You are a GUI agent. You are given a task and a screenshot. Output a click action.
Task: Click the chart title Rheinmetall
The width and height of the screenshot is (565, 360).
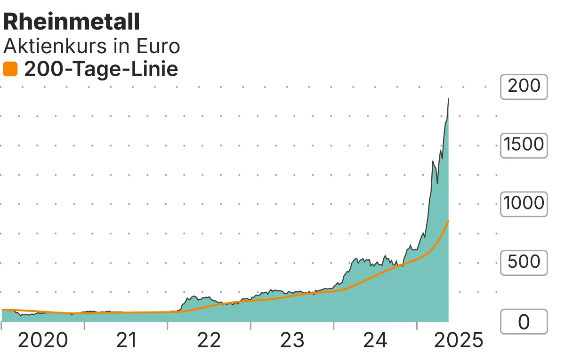coord(72,22)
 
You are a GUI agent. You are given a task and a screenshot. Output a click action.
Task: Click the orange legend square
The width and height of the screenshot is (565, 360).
coord(10,69)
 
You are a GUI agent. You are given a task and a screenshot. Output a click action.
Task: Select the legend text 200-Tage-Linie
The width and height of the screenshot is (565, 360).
coord(101,69)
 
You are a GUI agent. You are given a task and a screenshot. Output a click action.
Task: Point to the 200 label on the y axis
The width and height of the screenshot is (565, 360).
coord(524,86)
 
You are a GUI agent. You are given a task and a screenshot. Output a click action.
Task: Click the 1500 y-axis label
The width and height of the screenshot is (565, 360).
coord(524,145)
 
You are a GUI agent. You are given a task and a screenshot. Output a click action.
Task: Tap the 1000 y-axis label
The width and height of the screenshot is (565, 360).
coord(524,204)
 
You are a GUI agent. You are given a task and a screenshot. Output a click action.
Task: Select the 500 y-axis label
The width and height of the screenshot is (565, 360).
coord(524,263)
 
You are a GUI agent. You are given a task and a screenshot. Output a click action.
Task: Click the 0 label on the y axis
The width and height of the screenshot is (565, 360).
coord(524,322)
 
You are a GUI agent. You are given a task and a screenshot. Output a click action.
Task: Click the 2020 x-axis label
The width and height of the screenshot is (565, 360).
coord(43,340)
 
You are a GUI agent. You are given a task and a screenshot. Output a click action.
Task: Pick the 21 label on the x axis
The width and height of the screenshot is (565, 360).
coord(126,340)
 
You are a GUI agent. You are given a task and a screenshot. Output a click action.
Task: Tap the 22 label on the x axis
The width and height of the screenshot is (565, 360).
coord(209,340)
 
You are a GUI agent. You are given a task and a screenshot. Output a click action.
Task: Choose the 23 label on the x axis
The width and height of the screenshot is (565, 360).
coord(292,340)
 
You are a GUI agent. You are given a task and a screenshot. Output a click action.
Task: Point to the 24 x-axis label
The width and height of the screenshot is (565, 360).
coord(375,340)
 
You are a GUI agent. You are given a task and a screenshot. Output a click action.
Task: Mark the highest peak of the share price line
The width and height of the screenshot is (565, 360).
coord(448,99)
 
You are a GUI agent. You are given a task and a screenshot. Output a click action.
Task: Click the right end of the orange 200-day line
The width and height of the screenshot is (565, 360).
coord(448,221)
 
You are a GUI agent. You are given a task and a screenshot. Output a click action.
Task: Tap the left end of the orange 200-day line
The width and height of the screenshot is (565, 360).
coord(3,310)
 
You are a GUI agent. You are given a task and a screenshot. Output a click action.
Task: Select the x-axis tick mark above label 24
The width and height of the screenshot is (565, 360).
coord(333,325)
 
